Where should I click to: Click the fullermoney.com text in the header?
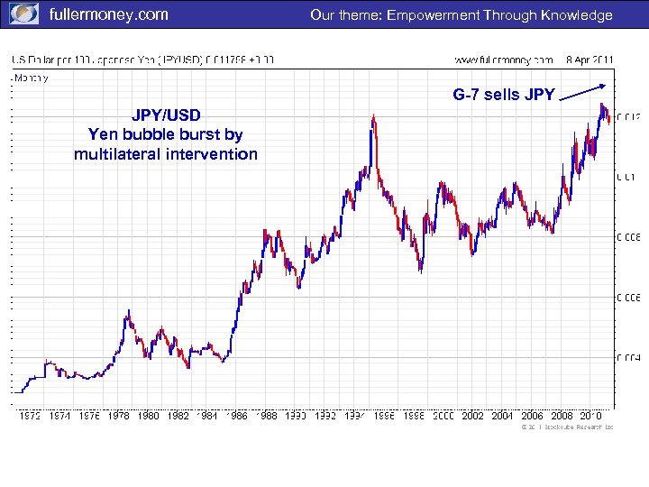tap(107, 14)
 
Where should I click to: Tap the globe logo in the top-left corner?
tap(23, 14)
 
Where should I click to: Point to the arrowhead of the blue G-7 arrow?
tap(602, 85)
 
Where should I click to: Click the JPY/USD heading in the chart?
tap(166, 115)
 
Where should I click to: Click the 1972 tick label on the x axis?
tap(30, 416)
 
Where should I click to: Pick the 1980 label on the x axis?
tap(149, 416)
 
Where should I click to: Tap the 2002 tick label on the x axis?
tap(472, 416)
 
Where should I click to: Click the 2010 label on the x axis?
tap(590, 416)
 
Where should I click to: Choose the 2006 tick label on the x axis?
tap(532, 416)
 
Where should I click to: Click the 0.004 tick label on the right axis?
tap(628, 358)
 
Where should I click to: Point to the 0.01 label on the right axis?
tap(626, 176)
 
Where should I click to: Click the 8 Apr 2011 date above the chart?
tap(590, 60)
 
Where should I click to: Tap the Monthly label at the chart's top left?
tap(31, 78)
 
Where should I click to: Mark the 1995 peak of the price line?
tap(372, 116)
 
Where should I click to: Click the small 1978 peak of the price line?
tap(129, 311)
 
